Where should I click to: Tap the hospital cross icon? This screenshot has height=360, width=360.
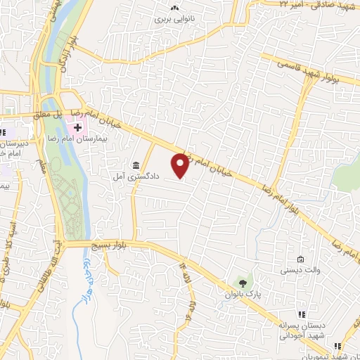point(73,126)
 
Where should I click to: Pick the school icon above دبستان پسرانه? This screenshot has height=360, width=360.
point(301,314)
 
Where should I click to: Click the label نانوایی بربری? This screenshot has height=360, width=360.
point(173,20)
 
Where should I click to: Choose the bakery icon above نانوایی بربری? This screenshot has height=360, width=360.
point(173,8)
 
